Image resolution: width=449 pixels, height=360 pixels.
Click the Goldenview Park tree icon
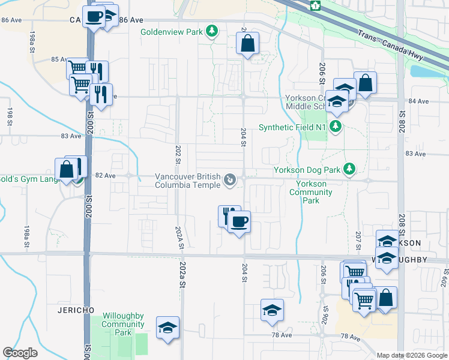point(211,31)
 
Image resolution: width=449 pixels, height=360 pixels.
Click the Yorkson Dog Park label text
point(307,170)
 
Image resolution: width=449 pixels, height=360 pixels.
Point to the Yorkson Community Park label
point(310,192)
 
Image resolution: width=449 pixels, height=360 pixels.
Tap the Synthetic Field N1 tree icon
point(336,127)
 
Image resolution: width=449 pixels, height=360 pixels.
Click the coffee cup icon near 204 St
point(239,222)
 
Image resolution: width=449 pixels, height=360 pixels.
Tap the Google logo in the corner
point(20,353)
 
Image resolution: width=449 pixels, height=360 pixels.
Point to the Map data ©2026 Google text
point(412,355)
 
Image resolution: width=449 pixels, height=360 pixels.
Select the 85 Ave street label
point(59,59)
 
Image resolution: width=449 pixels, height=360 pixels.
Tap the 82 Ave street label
point(105,175)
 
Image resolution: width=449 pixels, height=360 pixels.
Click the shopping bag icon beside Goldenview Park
point(247,44)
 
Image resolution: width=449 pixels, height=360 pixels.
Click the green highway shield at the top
point(315,5)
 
